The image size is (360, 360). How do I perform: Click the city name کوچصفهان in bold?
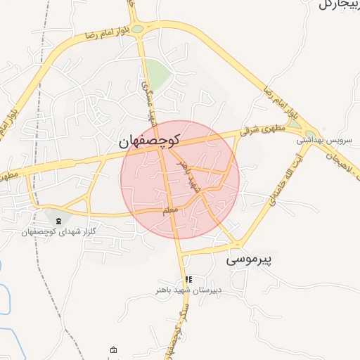coord(149,141)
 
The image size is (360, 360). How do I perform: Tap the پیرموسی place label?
coord(249,259)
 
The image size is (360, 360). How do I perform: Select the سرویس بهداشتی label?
coord(323,141)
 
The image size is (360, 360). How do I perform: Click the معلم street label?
coord(170,209)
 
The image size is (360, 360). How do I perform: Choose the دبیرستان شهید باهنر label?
coord(188,289)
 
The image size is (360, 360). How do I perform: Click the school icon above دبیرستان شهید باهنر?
coord(188,279)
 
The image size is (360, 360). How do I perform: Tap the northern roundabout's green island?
coord(138,30)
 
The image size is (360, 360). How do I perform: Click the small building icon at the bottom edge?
coord(114,349)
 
